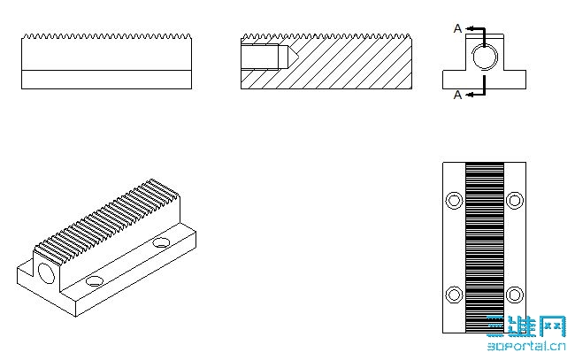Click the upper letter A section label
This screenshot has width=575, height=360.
tap(457, 28)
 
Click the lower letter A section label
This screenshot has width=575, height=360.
tap(457, 95)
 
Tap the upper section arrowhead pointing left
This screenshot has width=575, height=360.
tap(470, 28)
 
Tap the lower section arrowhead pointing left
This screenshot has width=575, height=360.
tap(470, 95)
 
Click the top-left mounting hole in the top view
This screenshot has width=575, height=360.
tap(454, 201)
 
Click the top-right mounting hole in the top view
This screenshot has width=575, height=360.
tap(515, 201)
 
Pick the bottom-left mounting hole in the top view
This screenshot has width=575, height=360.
tap(454, 295)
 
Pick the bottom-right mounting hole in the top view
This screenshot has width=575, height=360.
tap(515, 295)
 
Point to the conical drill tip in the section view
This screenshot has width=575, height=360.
tap(293, 57)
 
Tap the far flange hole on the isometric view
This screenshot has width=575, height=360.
tap(161, 242)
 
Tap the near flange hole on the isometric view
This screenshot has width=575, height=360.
tap(95, 281)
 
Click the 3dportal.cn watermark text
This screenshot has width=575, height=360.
tap(526, 346)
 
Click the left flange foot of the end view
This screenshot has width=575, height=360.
tap(454, 80)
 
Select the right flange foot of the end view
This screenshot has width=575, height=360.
tap(515, 80)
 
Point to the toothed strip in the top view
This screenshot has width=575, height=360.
tap(485, 248)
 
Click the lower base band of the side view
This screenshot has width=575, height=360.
tap(107, 80)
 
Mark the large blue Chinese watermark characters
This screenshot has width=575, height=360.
tap(526, 326)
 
